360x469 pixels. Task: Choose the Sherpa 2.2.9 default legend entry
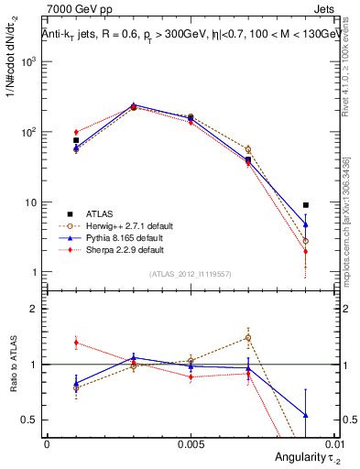[123, 249]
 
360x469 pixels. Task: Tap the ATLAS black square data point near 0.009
[306, 205]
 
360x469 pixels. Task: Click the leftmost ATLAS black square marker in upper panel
[76, 140]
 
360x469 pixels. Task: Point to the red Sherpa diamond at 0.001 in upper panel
[76, 132]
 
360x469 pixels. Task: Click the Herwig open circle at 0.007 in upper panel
[248, 149]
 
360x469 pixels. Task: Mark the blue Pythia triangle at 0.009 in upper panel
[306, 224]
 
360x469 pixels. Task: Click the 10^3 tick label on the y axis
[29, 62]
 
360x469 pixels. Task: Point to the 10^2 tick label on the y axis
[29, 132]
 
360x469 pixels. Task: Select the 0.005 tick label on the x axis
[191, 443]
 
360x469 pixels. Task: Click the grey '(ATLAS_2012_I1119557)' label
[190, 275]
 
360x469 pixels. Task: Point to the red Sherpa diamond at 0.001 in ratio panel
[76, 343]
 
